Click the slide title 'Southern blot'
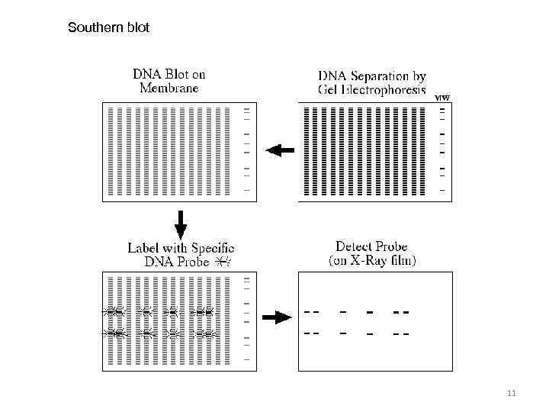coord(108,28)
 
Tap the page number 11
coord(511,394)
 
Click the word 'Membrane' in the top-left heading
coord(169,88)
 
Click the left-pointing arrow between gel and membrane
coord(280,150)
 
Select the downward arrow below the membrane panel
coord(181,223)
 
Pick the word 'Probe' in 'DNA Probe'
coord(191,261)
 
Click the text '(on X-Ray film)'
coord(372,261)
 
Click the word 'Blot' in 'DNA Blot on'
coord(175,75)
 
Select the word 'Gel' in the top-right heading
coord(330,91)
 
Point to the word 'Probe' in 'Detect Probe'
coord(392,247)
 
